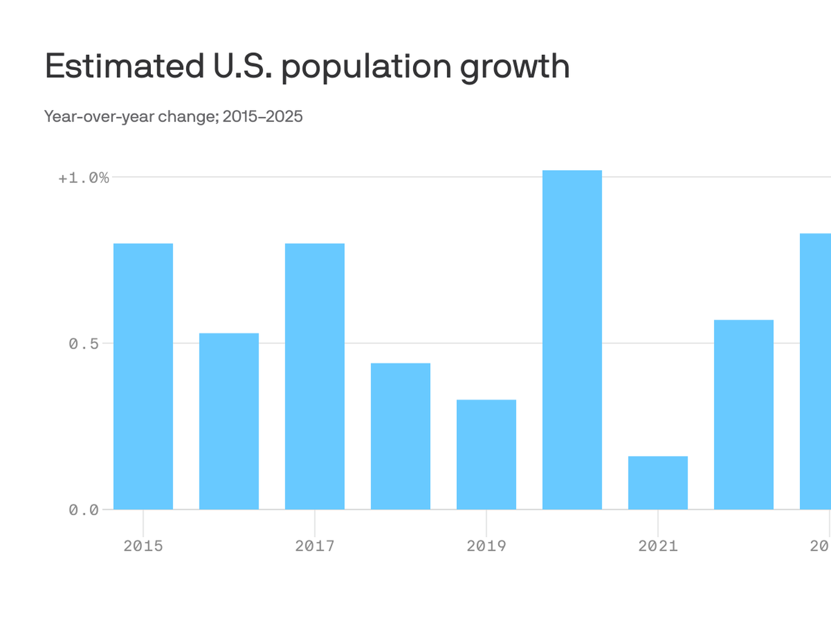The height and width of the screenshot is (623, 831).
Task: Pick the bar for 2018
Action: pyautogui.click(x=400, y=436)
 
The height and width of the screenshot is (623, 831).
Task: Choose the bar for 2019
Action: pyautogui.click(x=486, y=454)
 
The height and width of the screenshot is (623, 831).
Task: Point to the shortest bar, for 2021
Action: pyautogui.click(x=658, y=482)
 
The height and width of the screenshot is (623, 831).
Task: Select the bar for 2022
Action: pyautogui.click(x=743, y=414)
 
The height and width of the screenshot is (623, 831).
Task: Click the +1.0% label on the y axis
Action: pyautogui.click(x=83, y=178)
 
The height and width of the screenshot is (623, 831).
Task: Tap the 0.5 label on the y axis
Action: pyautogui.click(x=83, y=344)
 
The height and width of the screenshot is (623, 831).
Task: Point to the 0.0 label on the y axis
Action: pyautogui.click(x=83, y=510)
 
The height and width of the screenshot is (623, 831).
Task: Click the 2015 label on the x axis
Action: pyautogui.click(x=143, y=546)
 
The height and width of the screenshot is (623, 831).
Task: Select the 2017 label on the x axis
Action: pyautogui.click(x=315, y=546)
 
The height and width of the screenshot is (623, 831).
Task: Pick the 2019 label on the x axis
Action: pyautogui.click(x=486, y=546)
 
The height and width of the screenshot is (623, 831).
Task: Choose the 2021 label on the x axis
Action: pyautogui.click(x=658, y=546)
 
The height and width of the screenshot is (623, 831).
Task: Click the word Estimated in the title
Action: pyautogui.click(x=125, y=66)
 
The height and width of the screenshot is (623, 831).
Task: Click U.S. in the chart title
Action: pyautogui.click(x=243, y=66)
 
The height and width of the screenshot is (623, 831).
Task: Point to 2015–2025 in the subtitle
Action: pyautogui.click(x=262, y=116)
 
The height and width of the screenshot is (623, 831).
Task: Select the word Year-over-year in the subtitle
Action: pyautogui.click(x=99, y=116)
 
